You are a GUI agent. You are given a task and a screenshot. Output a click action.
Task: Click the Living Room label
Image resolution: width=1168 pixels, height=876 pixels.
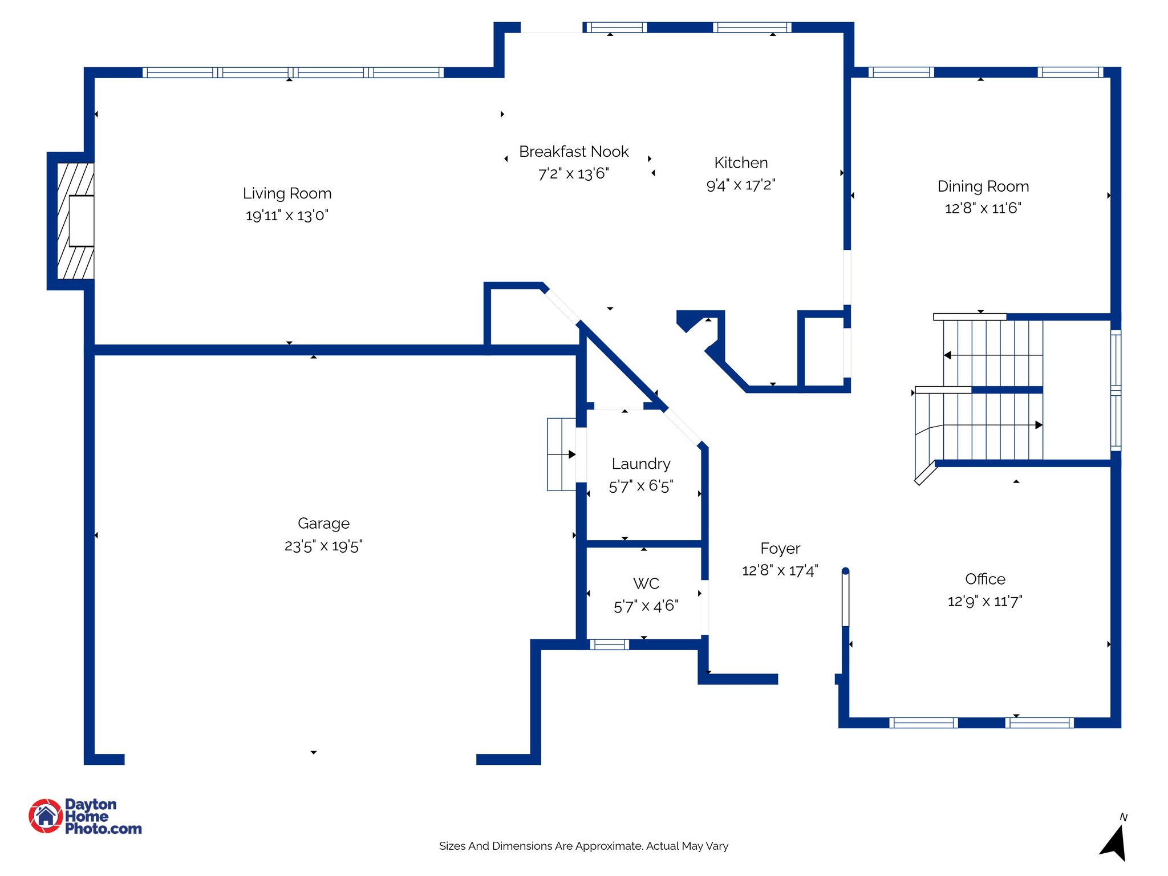287,193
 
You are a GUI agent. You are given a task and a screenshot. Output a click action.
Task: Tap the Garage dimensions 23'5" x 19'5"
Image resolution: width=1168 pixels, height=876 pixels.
323,546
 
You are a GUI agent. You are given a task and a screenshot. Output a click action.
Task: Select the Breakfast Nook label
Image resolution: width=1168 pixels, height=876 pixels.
573,152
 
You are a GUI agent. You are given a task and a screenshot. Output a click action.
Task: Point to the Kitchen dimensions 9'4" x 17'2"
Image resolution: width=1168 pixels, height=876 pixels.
740,185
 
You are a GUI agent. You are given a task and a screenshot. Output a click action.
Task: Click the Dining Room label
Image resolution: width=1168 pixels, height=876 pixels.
983,186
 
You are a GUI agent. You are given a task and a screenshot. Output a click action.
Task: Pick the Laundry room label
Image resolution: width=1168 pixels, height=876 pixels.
640,464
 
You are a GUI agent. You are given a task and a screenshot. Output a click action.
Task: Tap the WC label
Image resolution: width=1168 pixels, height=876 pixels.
646,583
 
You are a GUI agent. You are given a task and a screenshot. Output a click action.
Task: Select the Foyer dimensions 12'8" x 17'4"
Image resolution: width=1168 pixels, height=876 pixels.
780,570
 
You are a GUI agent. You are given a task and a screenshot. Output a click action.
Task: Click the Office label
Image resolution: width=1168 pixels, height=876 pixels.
985,579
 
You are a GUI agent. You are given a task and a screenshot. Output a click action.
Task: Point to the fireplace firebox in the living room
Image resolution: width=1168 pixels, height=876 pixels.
82,221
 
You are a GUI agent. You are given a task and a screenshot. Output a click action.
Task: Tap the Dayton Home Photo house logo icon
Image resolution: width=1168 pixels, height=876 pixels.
46,816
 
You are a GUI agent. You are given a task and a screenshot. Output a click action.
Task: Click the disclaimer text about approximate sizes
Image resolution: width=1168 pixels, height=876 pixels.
583,846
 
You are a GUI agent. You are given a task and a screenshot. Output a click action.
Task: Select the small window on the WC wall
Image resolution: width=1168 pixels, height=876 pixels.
609,644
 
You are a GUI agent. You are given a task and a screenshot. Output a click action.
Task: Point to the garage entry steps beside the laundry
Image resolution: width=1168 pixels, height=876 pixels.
561,455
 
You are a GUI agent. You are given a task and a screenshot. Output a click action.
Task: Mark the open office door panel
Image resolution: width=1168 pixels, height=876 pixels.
845,599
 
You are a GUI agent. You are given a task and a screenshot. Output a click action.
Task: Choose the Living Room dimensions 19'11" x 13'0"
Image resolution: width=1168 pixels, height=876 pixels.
287,216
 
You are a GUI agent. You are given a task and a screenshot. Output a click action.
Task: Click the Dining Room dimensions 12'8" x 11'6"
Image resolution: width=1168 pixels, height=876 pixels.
983,208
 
